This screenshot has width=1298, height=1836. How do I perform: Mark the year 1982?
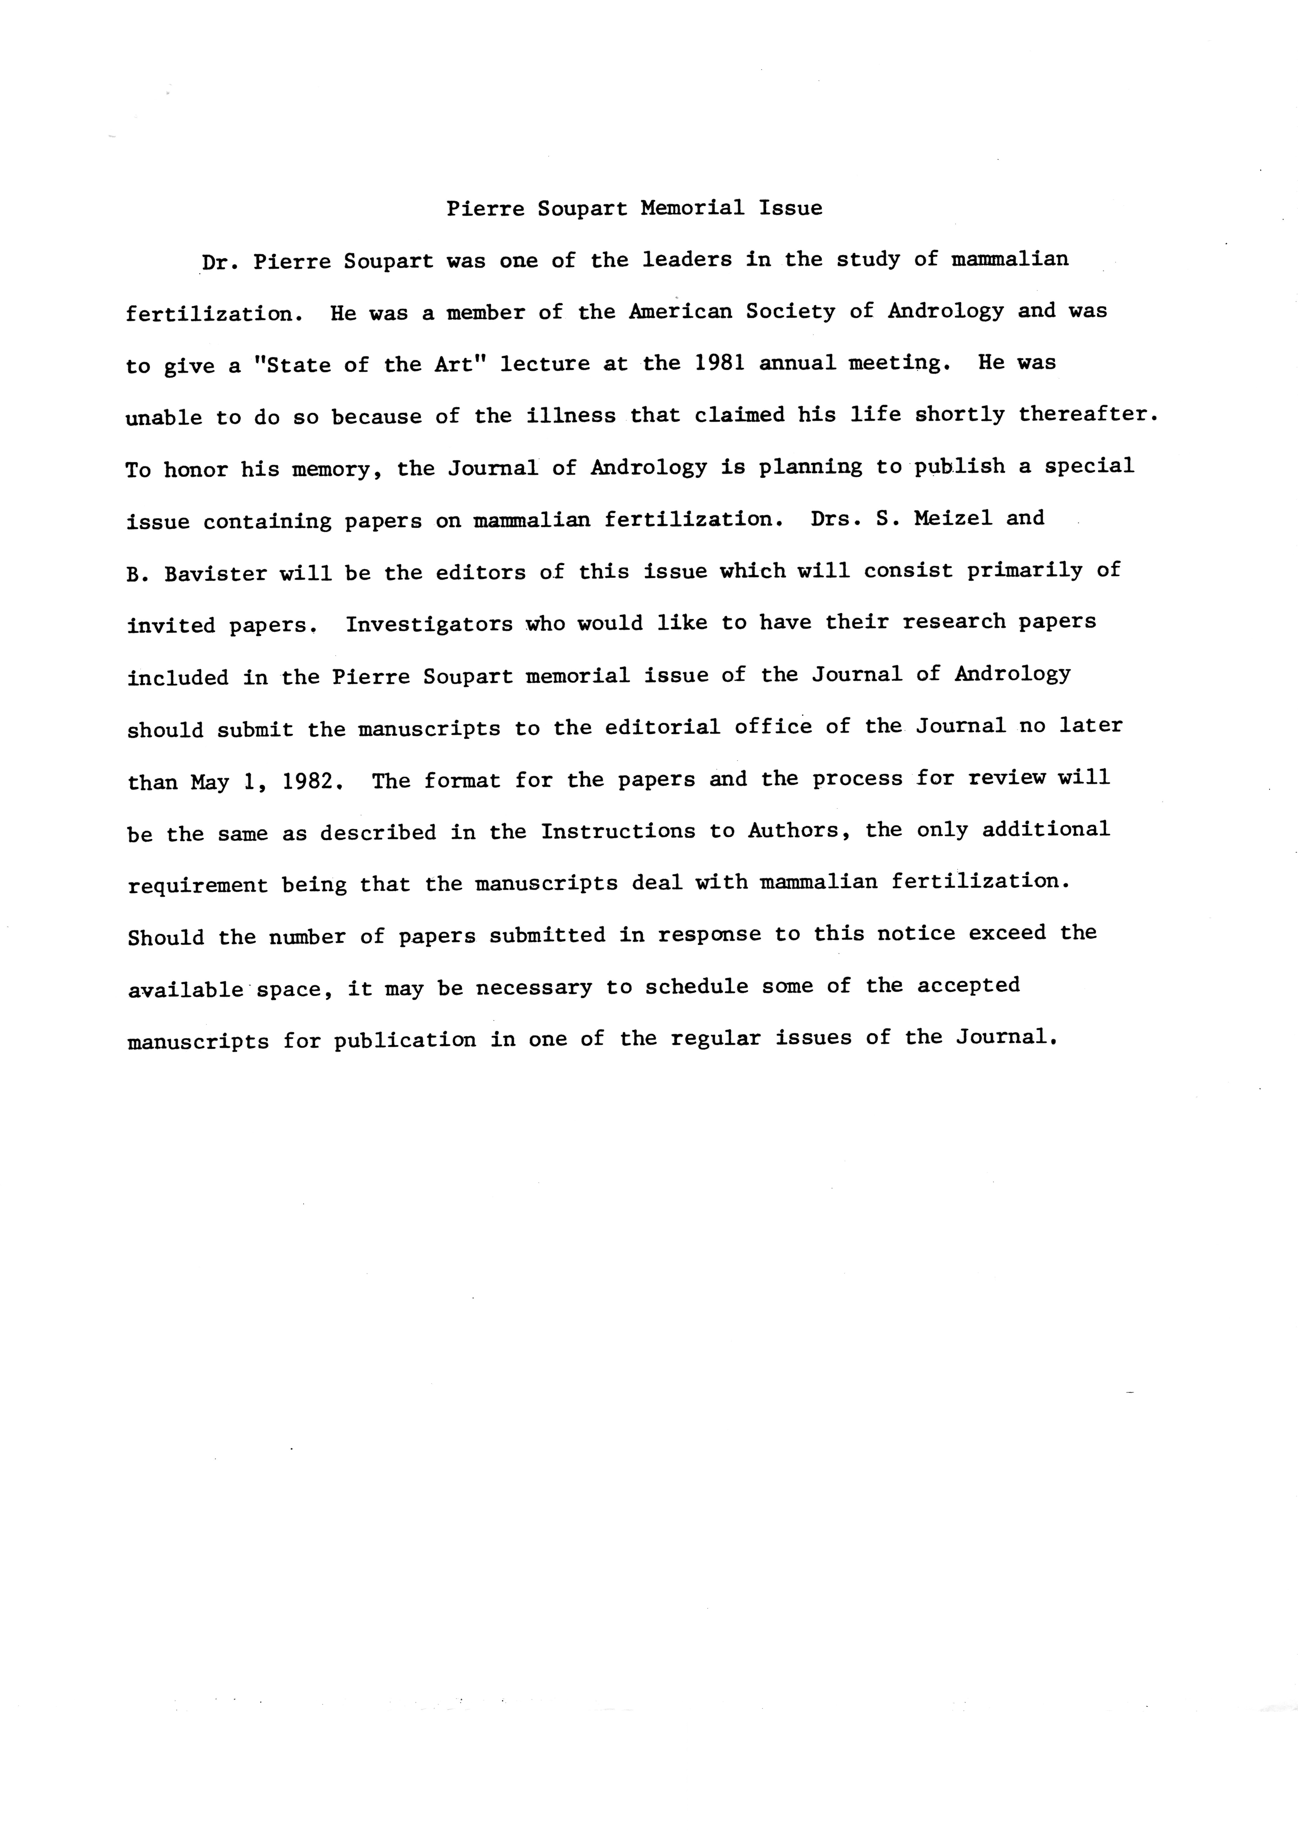(308, 781)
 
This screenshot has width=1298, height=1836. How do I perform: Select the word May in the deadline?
(210, 781)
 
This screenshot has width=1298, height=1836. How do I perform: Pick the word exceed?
(1007, 934)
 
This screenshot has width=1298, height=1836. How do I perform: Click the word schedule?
(696, 987)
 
